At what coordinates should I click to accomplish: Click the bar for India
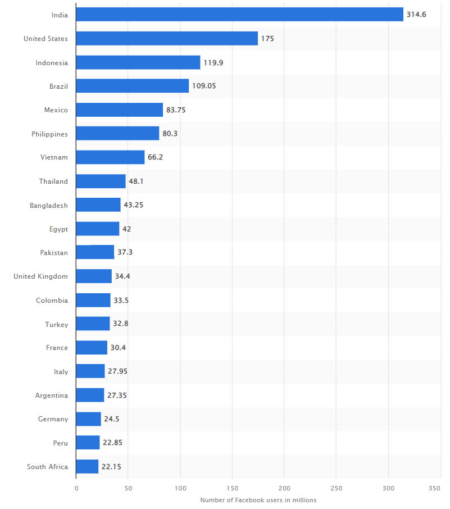point(239,15)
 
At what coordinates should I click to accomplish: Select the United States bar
point(167,38)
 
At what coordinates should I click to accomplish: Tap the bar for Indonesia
point(138,62)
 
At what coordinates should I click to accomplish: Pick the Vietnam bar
point(110,157)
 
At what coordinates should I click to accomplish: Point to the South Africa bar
point(87,466)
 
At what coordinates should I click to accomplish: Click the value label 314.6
point(416,15)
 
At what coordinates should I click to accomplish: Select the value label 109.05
point(204,86)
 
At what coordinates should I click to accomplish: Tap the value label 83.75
point(176,110)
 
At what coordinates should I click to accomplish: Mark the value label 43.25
point(134,205)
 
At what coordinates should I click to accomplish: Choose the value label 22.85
point(112,443)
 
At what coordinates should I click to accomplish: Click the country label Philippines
point(49,134)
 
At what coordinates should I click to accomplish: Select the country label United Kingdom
point(40,276)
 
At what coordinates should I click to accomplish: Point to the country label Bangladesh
point(49,205)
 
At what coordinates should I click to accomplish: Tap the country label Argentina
point(51,396)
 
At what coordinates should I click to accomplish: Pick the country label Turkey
point(57,324)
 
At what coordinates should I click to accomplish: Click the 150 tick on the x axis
point(233,489)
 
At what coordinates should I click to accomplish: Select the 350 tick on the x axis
point(434,489)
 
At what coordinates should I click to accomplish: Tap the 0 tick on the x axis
point(76,489)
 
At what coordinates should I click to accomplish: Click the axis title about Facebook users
point(258,500)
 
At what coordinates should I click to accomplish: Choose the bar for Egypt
point(98,229)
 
